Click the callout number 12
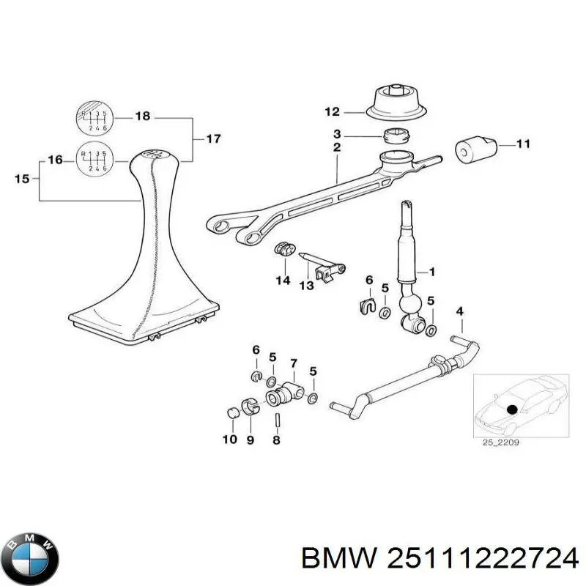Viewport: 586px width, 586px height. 333,112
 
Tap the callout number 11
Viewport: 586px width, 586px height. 522,144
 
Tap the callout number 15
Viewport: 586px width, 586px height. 23,177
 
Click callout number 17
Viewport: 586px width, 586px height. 212,138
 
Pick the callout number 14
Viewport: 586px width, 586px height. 283,281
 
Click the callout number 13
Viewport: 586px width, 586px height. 306,284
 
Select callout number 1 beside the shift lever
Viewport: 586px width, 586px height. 431,272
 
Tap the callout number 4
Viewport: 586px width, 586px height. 459,312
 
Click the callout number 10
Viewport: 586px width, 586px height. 229,439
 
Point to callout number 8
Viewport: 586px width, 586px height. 276,439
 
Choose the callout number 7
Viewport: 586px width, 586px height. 293,363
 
